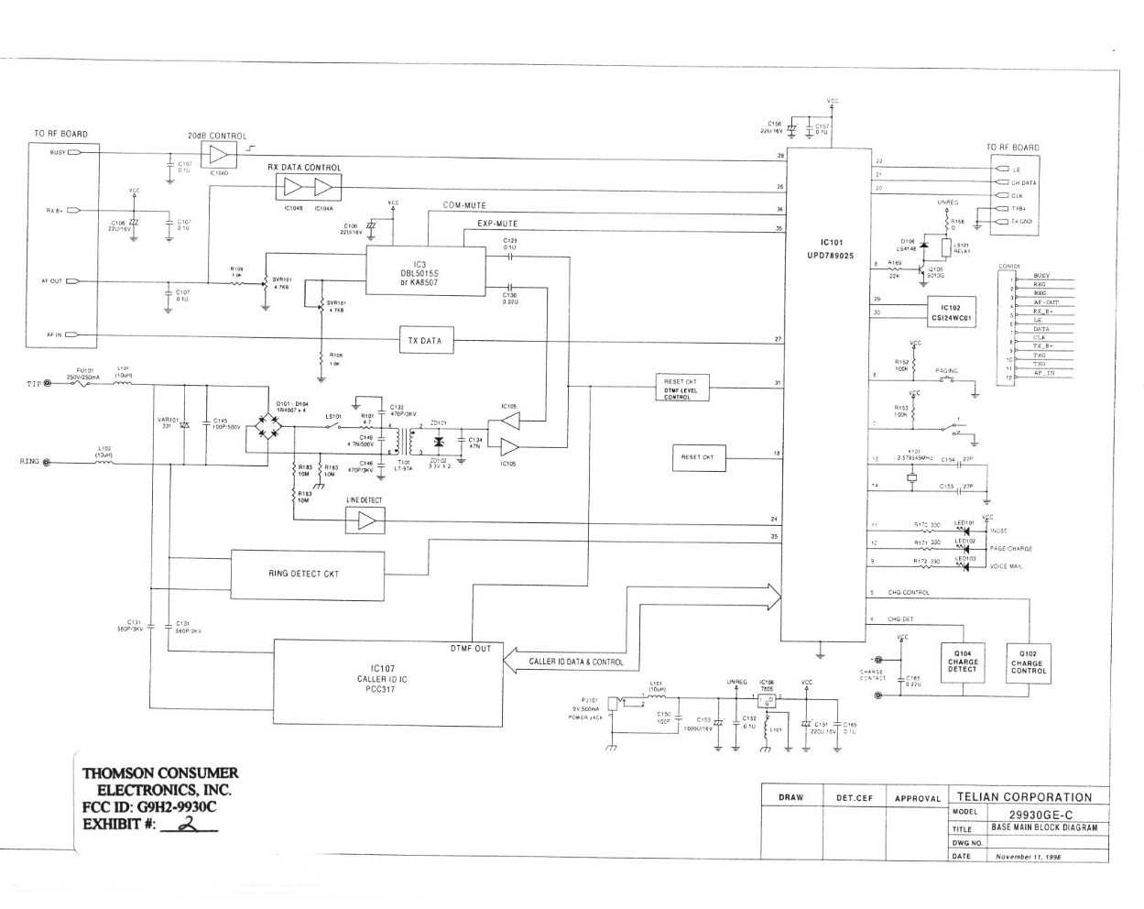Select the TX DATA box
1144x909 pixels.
425,341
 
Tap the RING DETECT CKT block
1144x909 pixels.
303,574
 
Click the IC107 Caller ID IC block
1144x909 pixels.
388,681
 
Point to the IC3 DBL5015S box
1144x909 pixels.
425,270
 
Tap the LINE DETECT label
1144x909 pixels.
365,500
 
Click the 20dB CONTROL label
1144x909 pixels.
217,136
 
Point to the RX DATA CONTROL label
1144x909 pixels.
304,168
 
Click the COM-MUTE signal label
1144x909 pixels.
464,205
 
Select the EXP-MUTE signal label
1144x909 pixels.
497,224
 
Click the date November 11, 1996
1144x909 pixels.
1028,857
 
